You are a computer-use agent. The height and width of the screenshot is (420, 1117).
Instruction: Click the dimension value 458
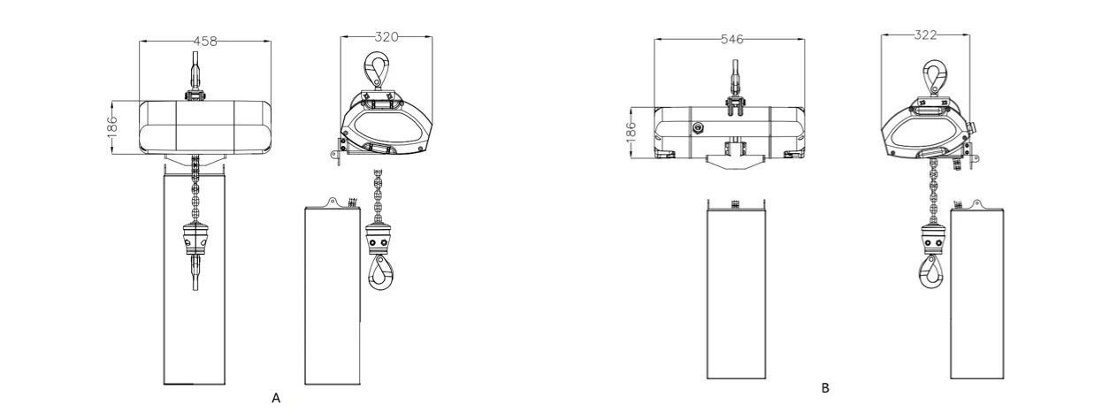(205, 42)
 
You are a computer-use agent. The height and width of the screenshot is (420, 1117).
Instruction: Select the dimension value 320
(386, 37)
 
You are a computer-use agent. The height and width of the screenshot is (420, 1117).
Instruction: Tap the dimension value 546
(732, 40)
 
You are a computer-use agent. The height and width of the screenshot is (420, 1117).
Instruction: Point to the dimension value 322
(925, 34)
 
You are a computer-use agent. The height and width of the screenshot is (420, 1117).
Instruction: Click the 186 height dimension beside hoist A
(112, 126)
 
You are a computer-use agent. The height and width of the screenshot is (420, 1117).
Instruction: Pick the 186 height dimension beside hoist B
(631, 132)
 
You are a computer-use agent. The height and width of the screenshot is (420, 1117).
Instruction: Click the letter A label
(276, 398)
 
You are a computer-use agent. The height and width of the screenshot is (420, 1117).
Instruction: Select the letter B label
(825, 387)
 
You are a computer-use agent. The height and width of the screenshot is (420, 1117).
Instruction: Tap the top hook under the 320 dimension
(377, 70)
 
